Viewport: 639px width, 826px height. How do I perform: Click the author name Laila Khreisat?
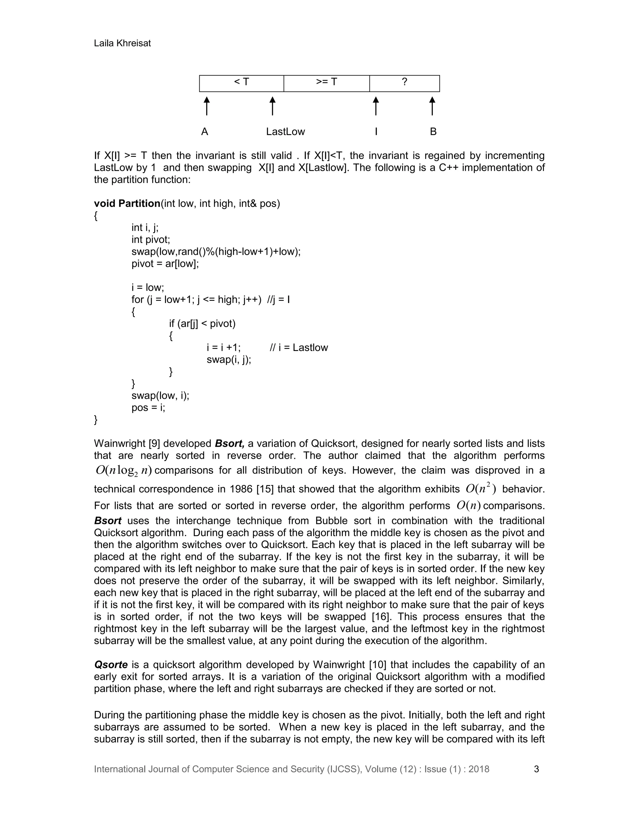tap(122, 44)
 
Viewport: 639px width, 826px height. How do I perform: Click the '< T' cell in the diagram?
tap(241, 83)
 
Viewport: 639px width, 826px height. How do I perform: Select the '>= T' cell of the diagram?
tap(326, 83)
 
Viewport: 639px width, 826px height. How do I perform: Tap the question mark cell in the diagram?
tap(404, 83)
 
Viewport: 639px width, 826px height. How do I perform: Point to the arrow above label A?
tap(206, 106)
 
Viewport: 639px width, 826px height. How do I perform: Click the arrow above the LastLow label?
tap(272, 106)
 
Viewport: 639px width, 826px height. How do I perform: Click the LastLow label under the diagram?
tap(285, 132)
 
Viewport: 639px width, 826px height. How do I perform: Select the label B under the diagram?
tap(433, 132)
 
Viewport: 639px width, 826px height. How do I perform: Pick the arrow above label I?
tap(376, 106)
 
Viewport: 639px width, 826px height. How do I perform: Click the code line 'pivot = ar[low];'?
tap(165, 264)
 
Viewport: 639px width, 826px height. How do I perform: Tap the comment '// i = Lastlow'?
tap(299, 348)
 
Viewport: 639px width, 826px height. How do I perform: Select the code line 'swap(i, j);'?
tap(229, 360)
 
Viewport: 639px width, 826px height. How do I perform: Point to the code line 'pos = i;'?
tap(149, 408)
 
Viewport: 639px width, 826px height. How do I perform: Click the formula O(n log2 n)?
tap(124, 470)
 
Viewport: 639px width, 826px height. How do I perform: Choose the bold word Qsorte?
tap(110, 665)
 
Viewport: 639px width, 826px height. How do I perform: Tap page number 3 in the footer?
tap(536, 769)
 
